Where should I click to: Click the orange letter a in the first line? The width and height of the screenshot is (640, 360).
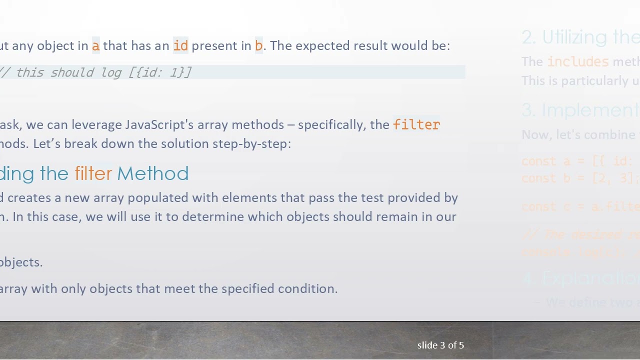point(95,46)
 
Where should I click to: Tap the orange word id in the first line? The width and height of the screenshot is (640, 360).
point(180,46)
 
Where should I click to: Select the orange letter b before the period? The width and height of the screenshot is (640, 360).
point(258,46)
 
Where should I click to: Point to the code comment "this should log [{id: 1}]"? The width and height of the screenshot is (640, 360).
point(102,72)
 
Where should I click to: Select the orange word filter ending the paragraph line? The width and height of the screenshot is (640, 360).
point(416,124)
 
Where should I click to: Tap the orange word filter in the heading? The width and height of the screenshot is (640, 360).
point(93,173)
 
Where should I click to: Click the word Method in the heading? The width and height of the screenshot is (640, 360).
point(153,173)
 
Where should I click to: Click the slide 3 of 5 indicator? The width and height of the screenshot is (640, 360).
point(440,345)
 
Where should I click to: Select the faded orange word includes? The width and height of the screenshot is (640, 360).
point(577,61)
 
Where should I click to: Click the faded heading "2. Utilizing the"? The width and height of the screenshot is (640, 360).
point(580,37)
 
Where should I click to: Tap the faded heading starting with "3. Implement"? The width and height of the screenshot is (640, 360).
point(580,110)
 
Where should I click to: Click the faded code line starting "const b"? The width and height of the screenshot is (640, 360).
point(580,178)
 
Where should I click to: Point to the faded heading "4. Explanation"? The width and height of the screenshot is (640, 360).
point(580,278)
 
